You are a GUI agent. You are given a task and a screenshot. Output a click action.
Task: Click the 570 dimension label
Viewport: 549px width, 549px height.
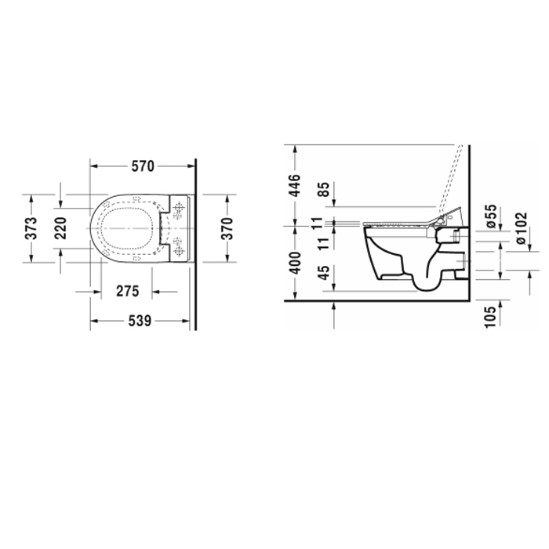tap(141, 165)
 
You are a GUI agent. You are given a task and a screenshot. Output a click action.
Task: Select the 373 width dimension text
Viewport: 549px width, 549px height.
tap(31, 228)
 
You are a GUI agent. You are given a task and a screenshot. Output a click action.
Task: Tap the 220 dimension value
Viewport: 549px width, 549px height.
tap(60, 227)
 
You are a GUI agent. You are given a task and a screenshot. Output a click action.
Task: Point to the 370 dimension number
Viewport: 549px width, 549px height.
tap(227, 228)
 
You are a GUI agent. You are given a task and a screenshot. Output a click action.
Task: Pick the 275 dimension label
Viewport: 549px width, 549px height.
tap(127, 291)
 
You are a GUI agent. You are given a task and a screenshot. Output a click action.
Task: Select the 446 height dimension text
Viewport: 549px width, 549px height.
tap(295, 185)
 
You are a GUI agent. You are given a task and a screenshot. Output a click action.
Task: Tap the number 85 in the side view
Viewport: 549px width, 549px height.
tap(322, 191)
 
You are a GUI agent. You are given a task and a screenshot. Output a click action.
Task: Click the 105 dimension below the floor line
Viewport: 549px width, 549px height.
tap(492, 316)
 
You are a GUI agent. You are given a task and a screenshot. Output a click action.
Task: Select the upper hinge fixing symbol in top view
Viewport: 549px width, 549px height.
tap(180, 209)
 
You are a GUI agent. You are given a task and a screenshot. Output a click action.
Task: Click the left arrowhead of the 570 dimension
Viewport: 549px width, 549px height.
tap(93, 165)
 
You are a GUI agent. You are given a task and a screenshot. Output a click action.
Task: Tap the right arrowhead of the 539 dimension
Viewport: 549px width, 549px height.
tap(191, 321)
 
